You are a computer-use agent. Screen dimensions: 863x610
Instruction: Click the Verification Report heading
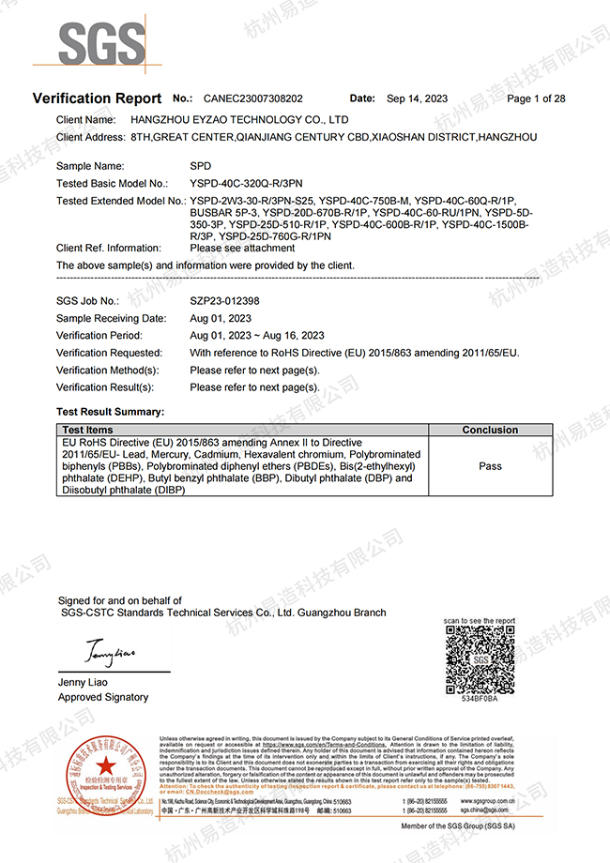click(97, 98)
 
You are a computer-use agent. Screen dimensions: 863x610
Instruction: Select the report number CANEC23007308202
click(252, 98)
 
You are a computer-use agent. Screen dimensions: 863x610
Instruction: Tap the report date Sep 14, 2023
click(417, 98)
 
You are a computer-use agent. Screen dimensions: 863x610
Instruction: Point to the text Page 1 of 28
click(536, 98)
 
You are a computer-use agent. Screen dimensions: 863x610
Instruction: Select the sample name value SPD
click(200, 165)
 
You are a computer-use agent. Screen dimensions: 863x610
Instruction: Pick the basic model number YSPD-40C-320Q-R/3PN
click(245, 183)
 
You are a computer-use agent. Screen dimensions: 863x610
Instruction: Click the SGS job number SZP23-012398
click(224, 301)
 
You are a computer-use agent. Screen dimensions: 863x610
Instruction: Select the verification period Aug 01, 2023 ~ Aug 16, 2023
click(257, 336)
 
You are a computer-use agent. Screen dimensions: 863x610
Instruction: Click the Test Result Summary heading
click(110, 412)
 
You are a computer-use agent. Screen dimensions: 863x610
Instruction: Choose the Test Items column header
click(87, 430)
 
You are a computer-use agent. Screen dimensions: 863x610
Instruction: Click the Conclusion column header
click(489, 430)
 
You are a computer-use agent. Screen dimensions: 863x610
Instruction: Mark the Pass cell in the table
click(490, 465)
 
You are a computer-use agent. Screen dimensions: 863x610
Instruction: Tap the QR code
click(480, 659)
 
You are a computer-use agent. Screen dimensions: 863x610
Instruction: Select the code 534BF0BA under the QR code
click(480, 699)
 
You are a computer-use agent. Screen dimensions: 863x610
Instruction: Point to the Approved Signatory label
click(103, 697)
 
